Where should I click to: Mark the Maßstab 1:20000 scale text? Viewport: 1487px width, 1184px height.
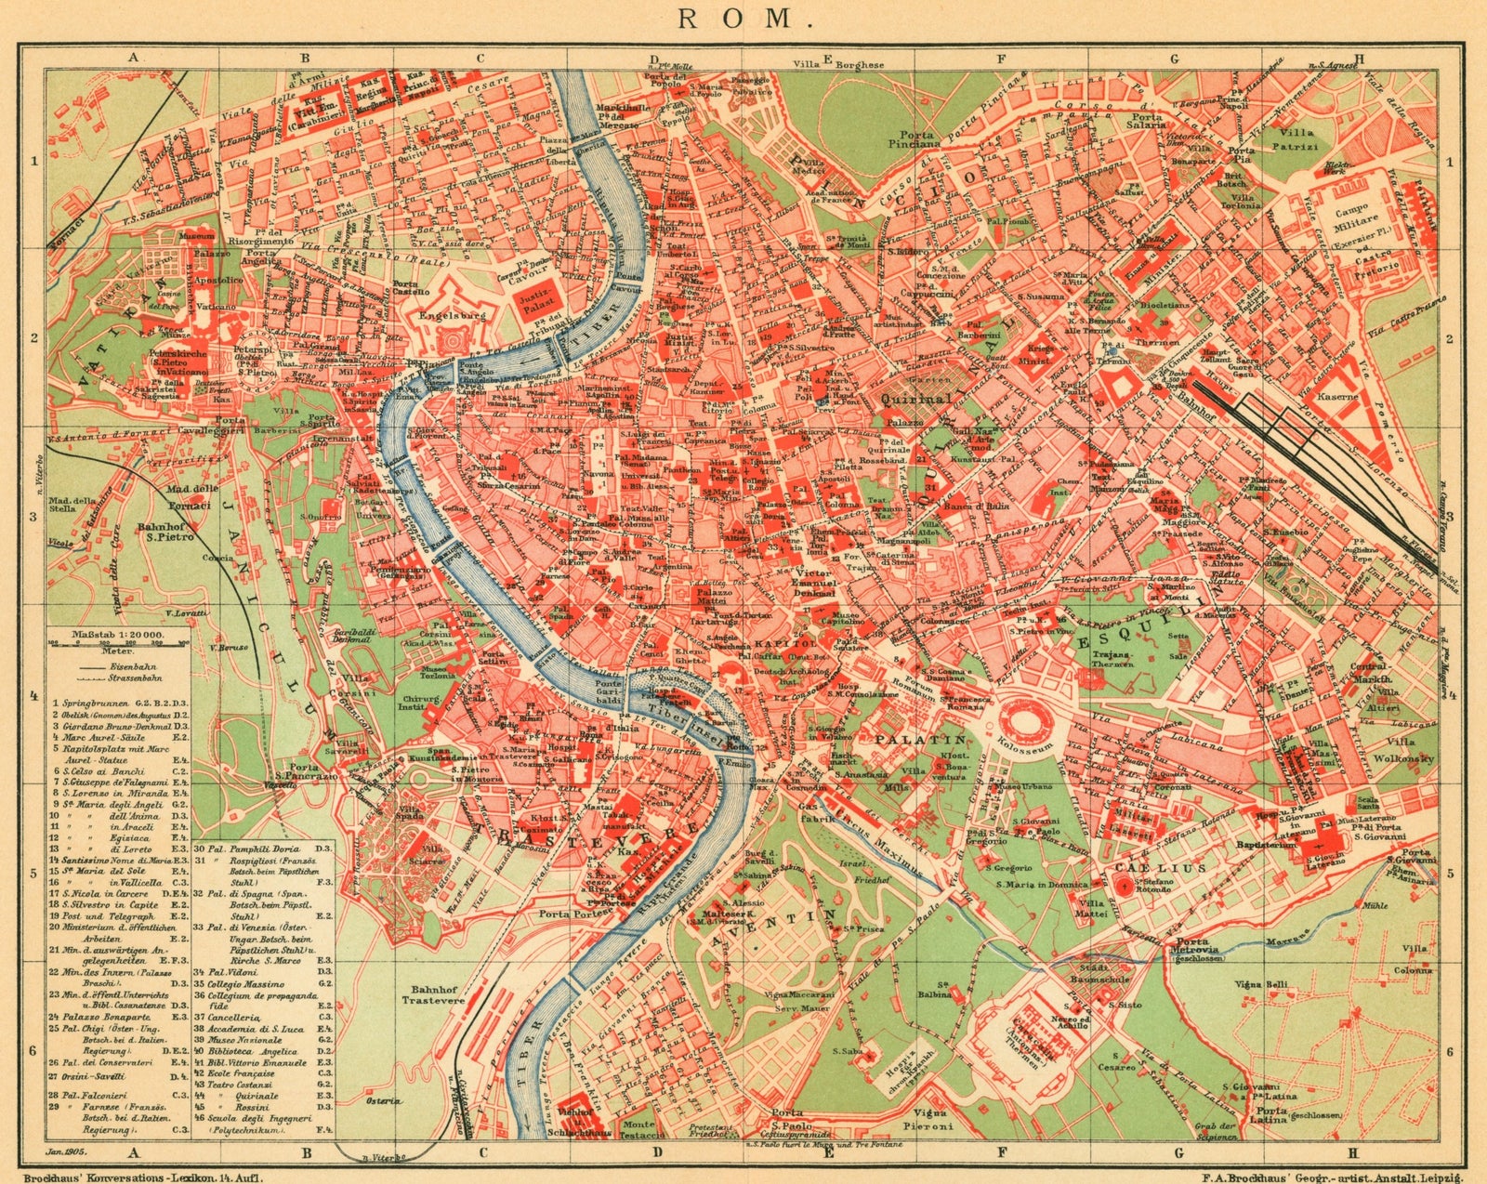tap(118, 635)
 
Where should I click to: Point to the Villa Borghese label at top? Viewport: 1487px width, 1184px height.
tap(837, 65)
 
